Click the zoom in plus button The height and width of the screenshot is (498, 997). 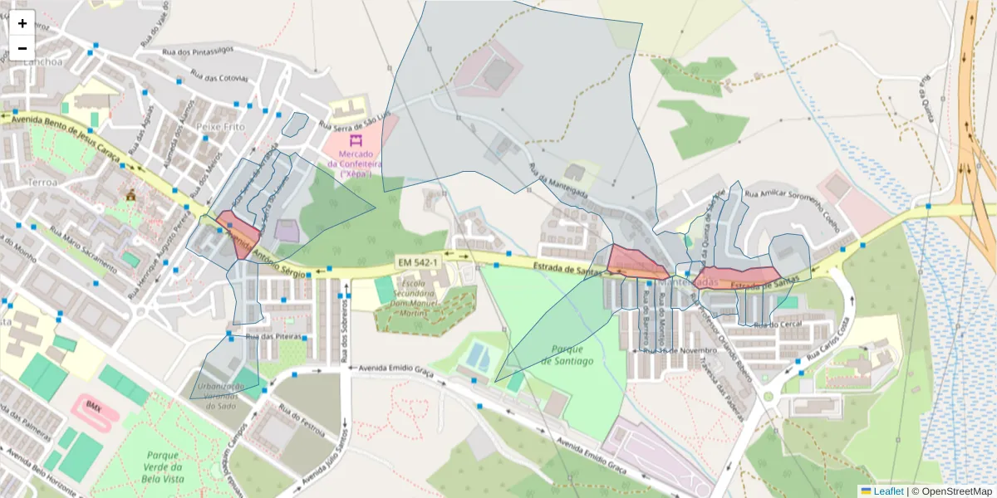click(x=22, y=23)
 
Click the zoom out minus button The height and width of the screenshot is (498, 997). click(x=22, y=48)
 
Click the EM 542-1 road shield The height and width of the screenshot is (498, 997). click(x=417, y=262)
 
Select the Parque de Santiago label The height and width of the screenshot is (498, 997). click(x=567, y=354)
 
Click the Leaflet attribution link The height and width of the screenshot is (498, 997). click(x=888, y=491)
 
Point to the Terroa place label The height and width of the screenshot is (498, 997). click(x=42, y=181)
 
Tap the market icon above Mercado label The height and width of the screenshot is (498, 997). click(x=356, y=140)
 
